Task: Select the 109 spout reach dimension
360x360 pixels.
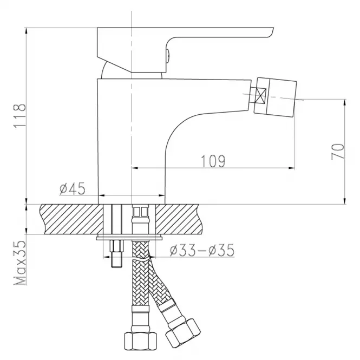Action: coord(213,161)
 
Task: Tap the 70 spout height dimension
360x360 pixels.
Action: coord(338,151)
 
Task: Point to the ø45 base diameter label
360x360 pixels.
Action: coord(73,188)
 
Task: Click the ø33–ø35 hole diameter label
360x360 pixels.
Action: coord(202,250)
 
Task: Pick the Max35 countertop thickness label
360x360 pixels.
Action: coord(19,263)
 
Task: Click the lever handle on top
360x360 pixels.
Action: coord(185,50)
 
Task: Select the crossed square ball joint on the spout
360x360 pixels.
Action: coord(261,95)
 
